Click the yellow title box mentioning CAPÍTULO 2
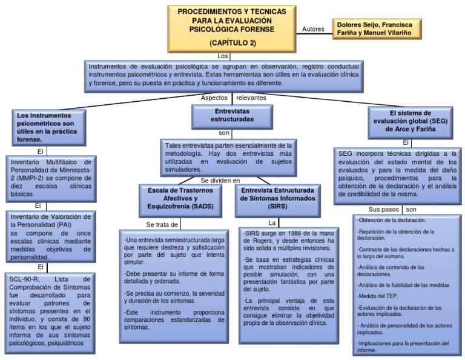(x=232, y=29)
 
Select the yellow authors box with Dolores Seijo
(x=377, y=29)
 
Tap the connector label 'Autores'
(x=313, y=29)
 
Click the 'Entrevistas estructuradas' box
(x=232, y=117)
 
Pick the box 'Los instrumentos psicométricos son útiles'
(x=49, y=128)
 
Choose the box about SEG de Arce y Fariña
(x=411, y=123)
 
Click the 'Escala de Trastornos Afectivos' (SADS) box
(x=180, y=201)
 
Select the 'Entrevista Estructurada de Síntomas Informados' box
(x=278, y=201)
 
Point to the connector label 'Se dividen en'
(x=220, y=181)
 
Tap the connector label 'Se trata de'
(x=162, y=225)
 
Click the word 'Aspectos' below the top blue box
(x=214, y=98)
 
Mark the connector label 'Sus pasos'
(x=383, y=209)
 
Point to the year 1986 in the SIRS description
(x=295, y=233)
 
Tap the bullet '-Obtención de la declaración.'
(x=391, y=220)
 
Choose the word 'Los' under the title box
(x=223, y=56)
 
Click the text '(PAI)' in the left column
(x=65, y=225)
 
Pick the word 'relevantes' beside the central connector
(x=251, y=98)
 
